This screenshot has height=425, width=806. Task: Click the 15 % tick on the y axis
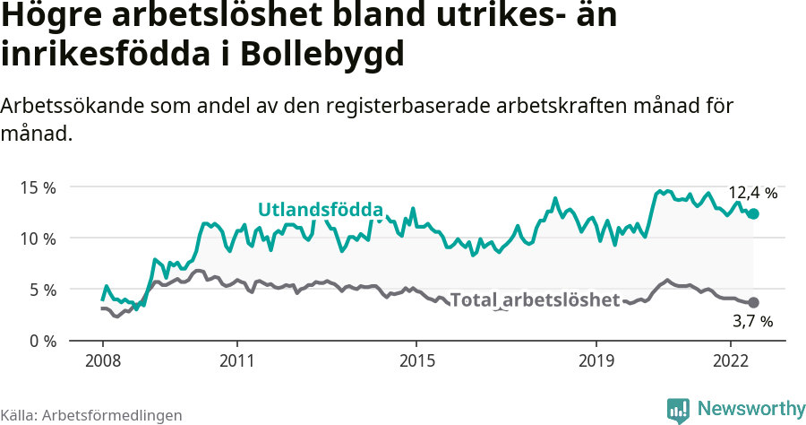(x=38, y=187)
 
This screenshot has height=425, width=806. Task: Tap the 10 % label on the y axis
(x=38, y=239)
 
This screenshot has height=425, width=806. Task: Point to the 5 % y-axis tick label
(x=42, y=290)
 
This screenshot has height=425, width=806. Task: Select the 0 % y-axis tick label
(x=42, y=341)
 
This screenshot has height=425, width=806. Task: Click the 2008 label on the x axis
(x=102, y=362)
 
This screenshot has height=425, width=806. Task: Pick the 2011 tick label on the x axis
(x=236, y=362)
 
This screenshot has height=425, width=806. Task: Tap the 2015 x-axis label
(x=416, y=362)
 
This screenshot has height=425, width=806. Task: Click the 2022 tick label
(x=730, y=362)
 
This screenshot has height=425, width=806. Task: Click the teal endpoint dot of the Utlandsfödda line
(x=753, y=213)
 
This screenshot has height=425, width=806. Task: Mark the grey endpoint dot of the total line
(x=753, y=303)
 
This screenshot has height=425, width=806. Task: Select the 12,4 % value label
(x=752, y=193)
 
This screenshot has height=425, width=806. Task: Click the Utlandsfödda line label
(x=321, y=210)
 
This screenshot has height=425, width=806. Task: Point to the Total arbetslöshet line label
(x=535, y=299)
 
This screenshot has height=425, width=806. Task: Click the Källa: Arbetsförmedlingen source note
(x=91, y=415)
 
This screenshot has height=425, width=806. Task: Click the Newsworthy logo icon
(x=678, y=410)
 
